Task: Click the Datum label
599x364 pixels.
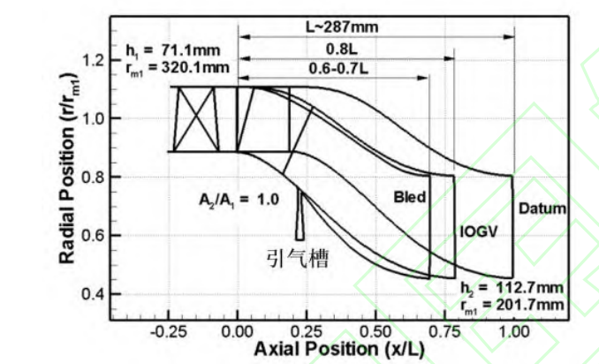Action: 542,209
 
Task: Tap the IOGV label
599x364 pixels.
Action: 479,231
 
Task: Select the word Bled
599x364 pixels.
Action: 410,197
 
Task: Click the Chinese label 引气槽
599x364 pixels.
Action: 297,258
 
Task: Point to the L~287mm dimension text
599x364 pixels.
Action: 342,27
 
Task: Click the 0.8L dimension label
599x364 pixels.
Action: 342,49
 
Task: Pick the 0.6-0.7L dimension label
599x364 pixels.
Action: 338,69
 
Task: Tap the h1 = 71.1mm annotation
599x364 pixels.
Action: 173,50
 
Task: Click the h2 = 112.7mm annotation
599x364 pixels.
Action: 512,288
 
